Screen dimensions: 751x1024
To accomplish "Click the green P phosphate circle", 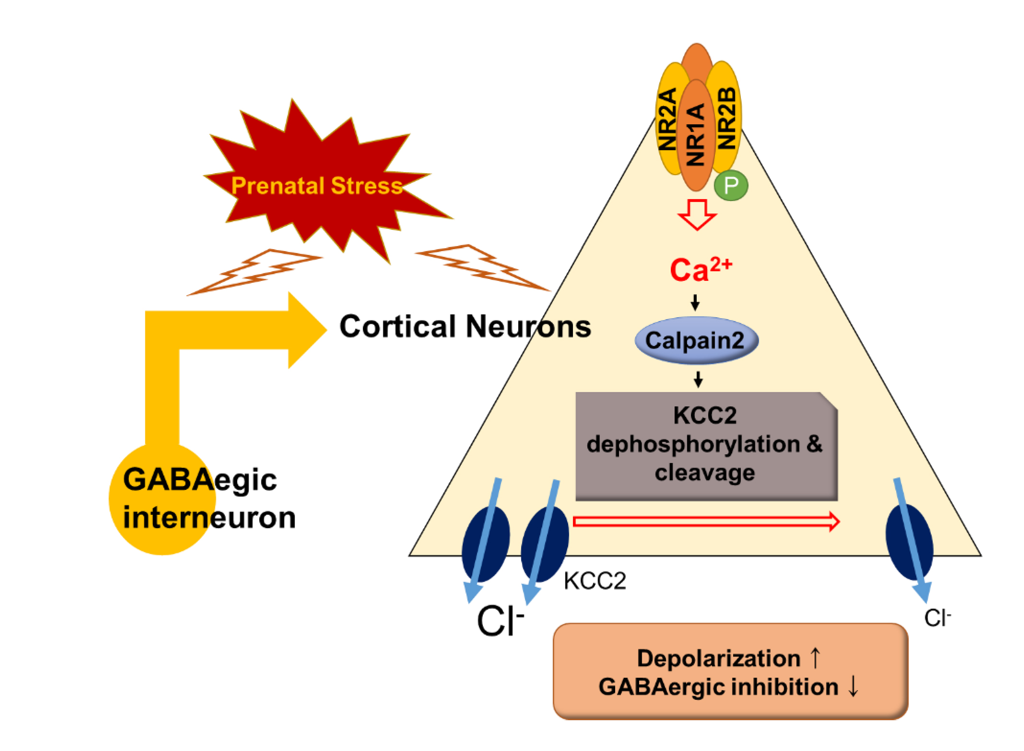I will click(x=730, y=185).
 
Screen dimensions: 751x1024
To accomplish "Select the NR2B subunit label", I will click(x=726, y=118).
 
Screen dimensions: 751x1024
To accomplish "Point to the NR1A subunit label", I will click(x=696, y=135).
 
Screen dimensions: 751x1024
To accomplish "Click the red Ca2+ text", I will click(x=700, y=270).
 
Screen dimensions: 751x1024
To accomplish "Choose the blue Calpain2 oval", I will click(x=696, y=340).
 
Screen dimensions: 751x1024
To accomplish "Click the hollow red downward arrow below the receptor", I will click(x=697, y=214).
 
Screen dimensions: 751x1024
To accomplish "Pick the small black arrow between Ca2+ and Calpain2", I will click(x=695, y=302).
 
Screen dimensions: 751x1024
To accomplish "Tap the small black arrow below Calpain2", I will click(x=698, y=379).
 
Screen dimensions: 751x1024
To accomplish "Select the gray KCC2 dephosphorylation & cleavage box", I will click(x=706, y=446).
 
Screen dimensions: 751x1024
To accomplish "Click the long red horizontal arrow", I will click(x=706, y=522).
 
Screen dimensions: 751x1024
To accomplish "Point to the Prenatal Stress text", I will click(x=317, y=186).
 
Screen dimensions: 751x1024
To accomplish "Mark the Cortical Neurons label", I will click(x=465, y=327).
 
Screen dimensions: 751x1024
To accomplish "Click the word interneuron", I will click(x=209, y=518).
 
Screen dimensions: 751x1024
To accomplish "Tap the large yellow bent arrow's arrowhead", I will click(x=307, y=330).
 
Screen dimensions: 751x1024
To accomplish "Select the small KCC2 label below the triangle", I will click(x=595, y=581).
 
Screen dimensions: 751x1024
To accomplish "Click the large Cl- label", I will click(x=499, y=621).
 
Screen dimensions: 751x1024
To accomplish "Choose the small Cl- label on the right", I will click(x=937, y=618).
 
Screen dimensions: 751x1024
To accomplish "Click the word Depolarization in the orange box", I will click(x=718, y=658).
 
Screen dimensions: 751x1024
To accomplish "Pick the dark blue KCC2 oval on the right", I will click(x=909, y=542).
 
